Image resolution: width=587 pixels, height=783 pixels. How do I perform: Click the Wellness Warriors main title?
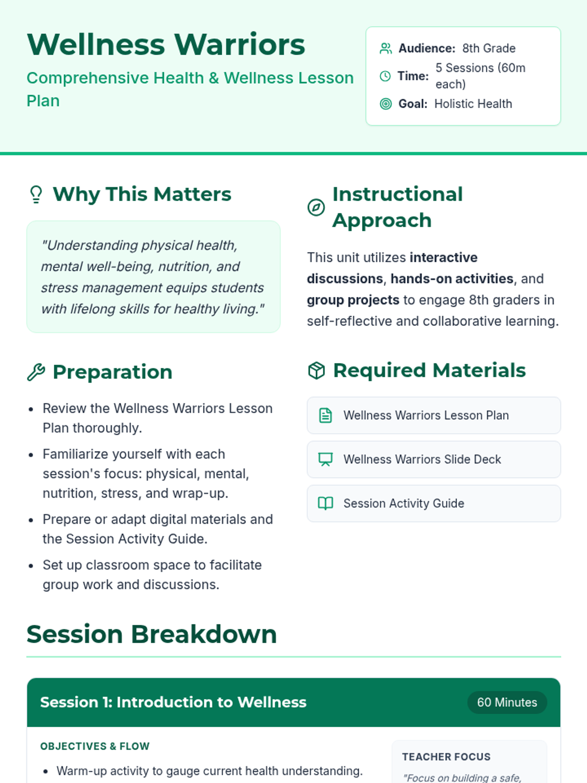(x=166, y=45)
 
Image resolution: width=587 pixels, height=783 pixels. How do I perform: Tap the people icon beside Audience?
(x=385, y=48)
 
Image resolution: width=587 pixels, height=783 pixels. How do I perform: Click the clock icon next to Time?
(x=385, y=76)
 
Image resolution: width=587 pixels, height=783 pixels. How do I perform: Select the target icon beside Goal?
(x=385, y=104)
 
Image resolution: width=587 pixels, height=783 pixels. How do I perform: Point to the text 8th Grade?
(x=489, y=48)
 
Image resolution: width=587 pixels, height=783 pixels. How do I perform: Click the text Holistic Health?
(x=474, y=104)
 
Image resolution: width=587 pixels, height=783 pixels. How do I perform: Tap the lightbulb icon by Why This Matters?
(x=36, y=194)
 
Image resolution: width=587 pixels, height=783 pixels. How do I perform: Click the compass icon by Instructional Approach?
(x=316, y=207)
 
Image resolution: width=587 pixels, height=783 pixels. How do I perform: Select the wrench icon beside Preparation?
(x=36, y=372)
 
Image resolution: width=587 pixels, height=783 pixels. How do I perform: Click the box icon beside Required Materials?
(x=316, y=370)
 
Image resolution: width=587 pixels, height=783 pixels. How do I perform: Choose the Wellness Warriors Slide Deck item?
(x=434, y=460)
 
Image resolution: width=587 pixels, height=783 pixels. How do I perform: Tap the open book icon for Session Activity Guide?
(x=325, y=504)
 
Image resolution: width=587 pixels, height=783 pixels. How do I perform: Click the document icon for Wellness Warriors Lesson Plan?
(x=325, y=415)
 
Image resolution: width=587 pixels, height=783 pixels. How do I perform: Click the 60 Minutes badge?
(x=507, y=702)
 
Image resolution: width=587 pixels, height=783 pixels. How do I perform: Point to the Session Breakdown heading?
(x=152, y=634)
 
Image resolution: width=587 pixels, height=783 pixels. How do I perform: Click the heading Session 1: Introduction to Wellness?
(x=173, y=702)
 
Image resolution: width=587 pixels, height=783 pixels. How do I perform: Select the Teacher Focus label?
(x=446, y=757)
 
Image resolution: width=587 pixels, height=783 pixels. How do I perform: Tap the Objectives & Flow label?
(x=95, y=746)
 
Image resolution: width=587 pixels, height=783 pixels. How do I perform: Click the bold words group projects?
(x=353, y=300)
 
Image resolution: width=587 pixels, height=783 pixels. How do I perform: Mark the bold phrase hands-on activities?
(x=452, y=278)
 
